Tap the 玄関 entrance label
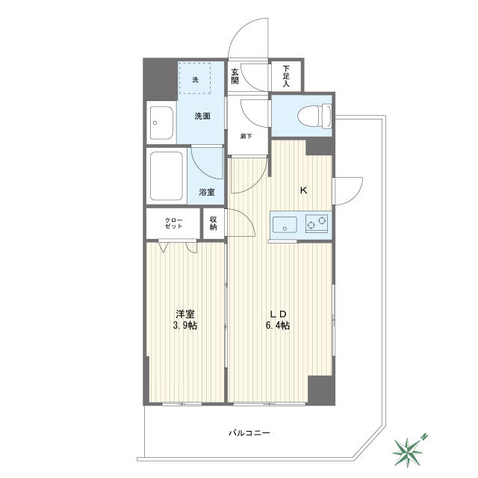pos(235,76)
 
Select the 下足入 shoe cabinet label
pos(285,76)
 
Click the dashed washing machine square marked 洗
pos(195,78)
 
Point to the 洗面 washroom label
pos(202,117)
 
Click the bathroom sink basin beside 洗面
pos(161,122)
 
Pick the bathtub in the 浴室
pos(167,176)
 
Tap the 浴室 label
pos(207,192)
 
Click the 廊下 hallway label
pos(246,136)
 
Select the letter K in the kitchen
pos(304,190)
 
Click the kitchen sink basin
pos(285,225)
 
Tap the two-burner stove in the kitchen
pos(317,224)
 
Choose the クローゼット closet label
pos(173,223)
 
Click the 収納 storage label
pos(213,223)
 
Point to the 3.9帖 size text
pos(185,326)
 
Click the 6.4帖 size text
pos(277,326)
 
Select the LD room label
pos(278,314)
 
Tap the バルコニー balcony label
pos(249,433)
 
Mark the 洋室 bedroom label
pos(185,314)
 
